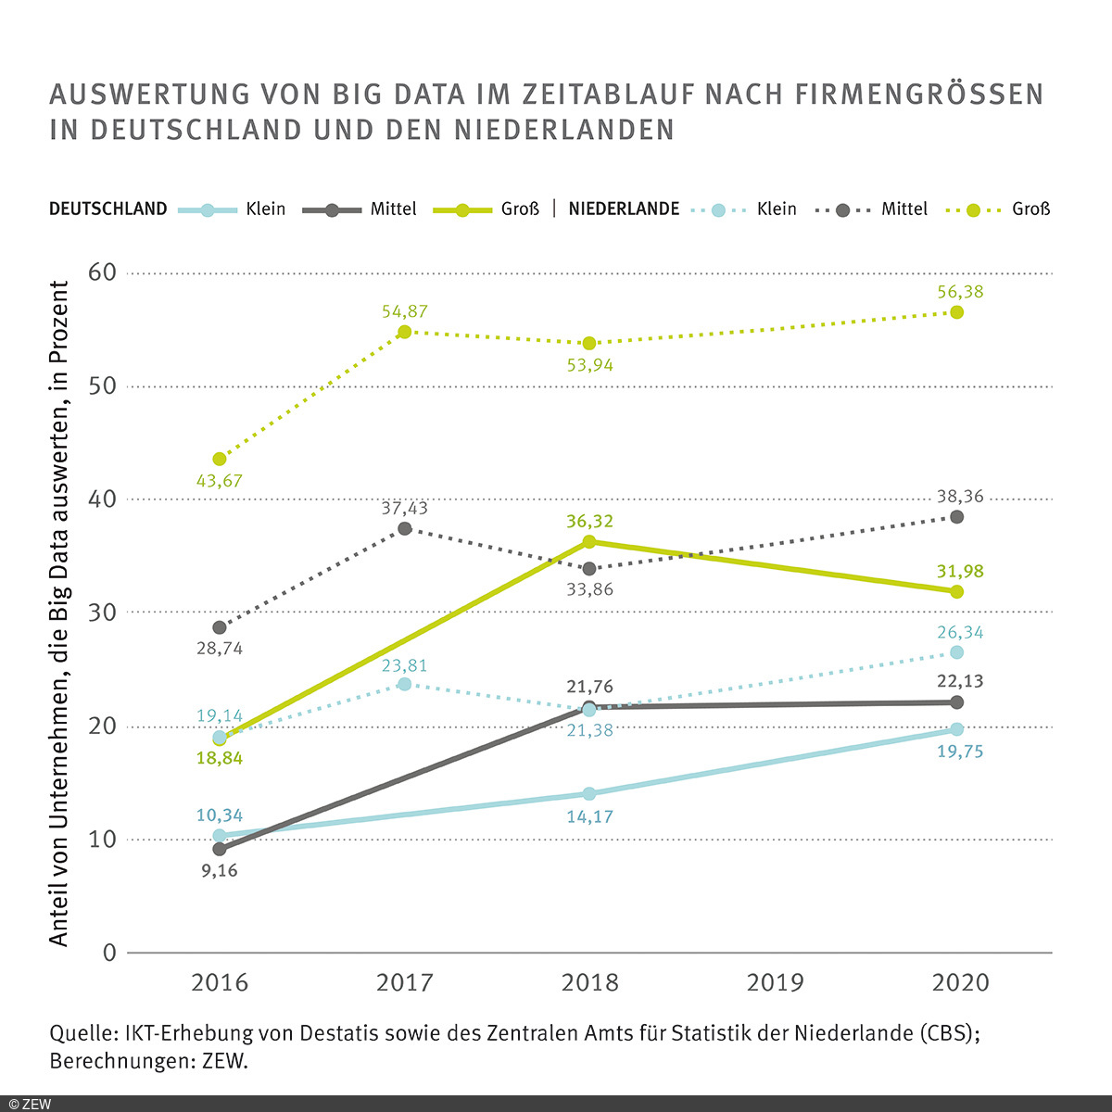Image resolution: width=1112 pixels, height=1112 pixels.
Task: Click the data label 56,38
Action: coord(960,292)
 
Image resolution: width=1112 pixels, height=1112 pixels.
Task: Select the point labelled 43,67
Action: coord(220,459)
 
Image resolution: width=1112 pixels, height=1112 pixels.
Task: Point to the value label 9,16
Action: coord(220,870)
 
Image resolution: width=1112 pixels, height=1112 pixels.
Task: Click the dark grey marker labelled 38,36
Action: coord(956,517)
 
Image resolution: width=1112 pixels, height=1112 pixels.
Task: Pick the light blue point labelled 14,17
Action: coord(589,793)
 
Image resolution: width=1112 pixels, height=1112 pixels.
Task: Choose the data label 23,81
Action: coord(404,666)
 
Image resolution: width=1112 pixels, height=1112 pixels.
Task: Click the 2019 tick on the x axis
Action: coord(775,982)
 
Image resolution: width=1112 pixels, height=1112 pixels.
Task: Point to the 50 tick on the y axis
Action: coord(102,386)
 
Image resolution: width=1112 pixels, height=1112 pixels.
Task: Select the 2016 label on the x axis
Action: coord(220,982)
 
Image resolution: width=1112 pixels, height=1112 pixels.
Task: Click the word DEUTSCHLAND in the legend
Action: coord(107,208)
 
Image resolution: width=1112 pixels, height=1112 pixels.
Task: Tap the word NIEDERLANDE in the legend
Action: coord(624,208)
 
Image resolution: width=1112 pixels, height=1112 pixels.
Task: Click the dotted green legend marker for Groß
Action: coord(973,210)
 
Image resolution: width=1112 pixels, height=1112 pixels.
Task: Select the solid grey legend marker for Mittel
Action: coord(332,210)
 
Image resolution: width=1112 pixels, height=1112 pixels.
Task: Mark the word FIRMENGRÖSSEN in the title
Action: coord(920,95)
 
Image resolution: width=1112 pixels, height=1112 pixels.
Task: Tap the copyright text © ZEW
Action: coord(30,1104)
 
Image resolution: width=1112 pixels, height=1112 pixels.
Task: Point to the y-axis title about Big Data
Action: coord(59,613)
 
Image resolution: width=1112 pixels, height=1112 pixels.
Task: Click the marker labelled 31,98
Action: coord(956,591)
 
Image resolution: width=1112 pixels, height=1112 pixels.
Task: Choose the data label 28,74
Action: coord(220,649)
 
